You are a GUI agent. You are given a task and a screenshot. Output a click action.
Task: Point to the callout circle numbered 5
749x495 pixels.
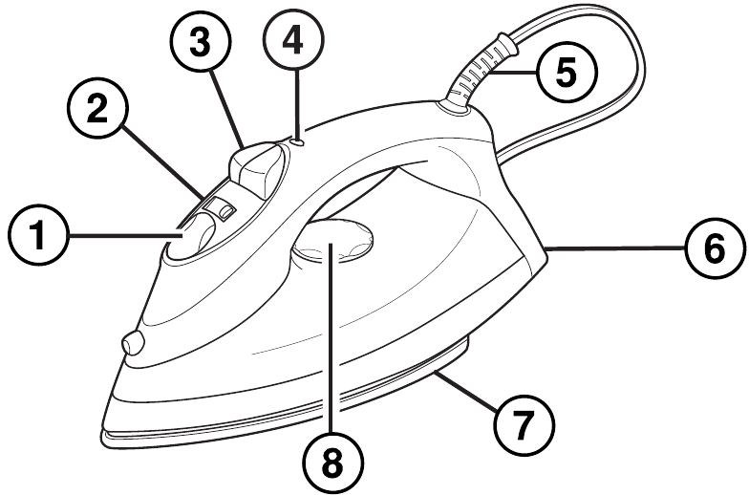[564, 72]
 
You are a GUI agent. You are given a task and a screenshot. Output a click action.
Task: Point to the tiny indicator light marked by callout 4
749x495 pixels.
[299, 141]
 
